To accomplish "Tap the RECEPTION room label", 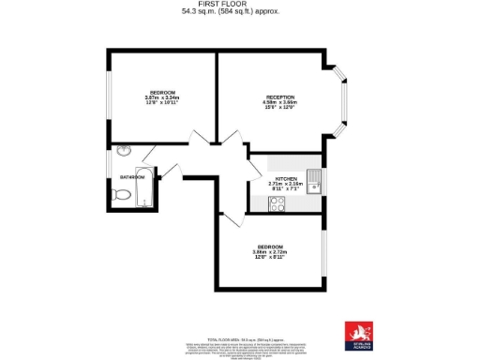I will pyautogui.click(x=280, y=97).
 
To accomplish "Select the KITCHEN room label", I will pyautogui.click(x=286, y=178).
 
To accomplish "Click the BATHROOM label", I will pyautogui.click(x=132, y=176).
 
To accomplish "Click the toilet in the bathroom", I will pyautogui.click(x=120, y=195).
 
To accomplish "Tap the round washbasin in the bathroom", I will pyautogui.click(x=124, y=150).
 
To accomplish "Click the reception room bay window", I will pyautogui.click(x=341, y=95).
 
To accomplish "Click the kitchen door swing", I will pyautogui.click(x=253, y=169).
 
